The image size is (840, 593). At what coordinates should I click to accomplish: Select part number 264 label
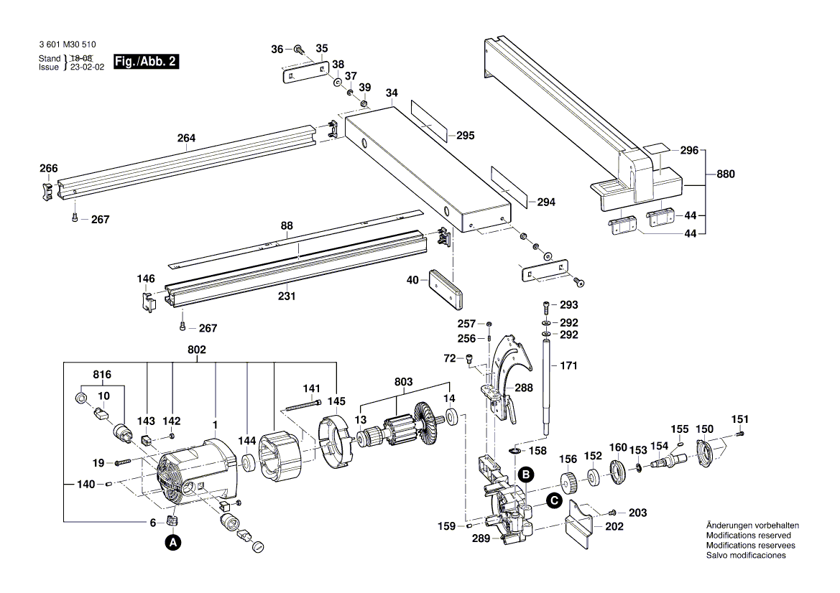coord(187,138)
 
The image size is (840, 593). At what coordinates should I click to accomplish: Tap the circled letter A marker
coord(172,543)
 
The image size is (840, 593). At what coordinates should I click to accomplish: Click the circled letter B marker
coord(526,474)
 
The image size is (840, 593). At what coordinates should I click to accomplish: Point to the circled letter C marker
coord(553,502)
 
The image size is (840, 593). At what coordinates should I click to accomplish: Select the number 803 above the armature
coord(403,383)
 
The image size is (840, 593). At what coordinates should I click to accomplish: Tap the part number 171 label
coord(568,366)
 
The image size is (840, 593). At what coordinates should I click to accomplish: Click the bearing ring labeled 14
coord(453,416)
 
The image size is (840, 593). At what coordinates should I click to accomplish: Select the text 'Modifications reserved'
coord(748,536)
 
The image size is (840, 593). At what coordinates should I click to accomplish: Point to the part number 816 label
coord(102,375)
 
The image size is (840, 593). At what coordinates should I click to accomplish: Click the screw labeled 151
coord(741,433)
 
